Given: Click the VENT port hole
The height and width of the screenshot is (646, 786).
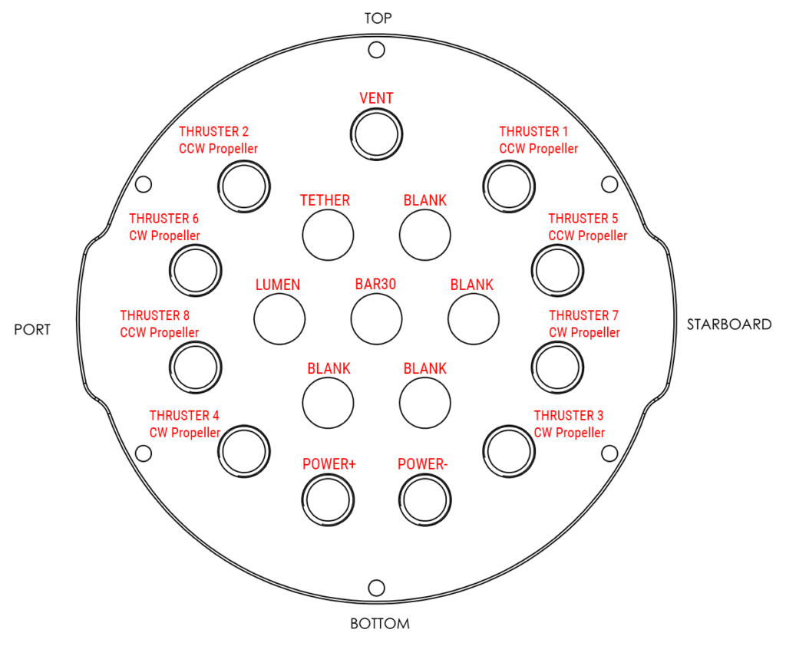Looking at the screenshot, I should [376, 134].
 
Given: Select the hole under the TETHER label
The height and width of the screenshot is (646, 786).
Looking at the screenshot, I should [328, 234].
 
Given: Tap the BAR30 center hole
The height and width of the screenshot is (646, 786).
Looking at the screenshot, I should [376, 318].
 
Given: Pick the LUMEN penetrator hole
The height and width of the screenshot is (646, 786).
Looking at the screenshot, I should [279, 318].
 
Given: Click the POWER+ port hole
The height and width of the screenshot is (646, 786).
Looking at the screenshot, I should [329, 499].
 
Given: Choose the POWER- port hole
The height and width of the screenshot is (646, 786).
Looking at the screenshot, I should [424, 499].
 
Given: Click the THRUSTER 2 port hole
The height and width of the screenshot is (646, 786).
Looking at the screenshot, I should [243, 185].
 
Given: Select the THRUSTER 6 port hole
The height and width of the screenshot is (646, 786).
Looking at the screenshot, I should [195, 269].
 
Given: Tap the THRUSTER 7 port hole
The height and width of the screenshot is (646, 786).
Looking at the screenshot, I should [557, 367].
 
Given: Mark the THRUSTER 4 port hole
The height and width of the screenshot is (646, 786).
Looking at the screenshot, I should [245, 450].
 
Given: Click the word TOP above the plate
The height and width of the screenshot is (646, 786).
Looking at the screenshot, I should [378, 18].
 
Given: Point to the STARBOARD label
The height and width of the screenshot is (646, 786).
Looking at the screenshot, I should [728, 325].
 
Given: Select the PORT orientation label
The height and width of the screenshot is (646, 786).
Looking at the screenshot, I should [32, 330].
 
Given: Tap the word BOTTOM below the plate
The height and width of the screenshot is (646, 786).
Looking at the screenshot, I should [380, 624].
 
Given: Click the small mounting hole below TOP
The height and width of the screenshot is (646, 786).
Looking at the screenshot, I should [376, 50].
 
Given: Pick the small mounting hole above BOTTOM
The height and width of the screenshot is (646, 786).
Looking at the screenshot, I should [376, 588].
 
